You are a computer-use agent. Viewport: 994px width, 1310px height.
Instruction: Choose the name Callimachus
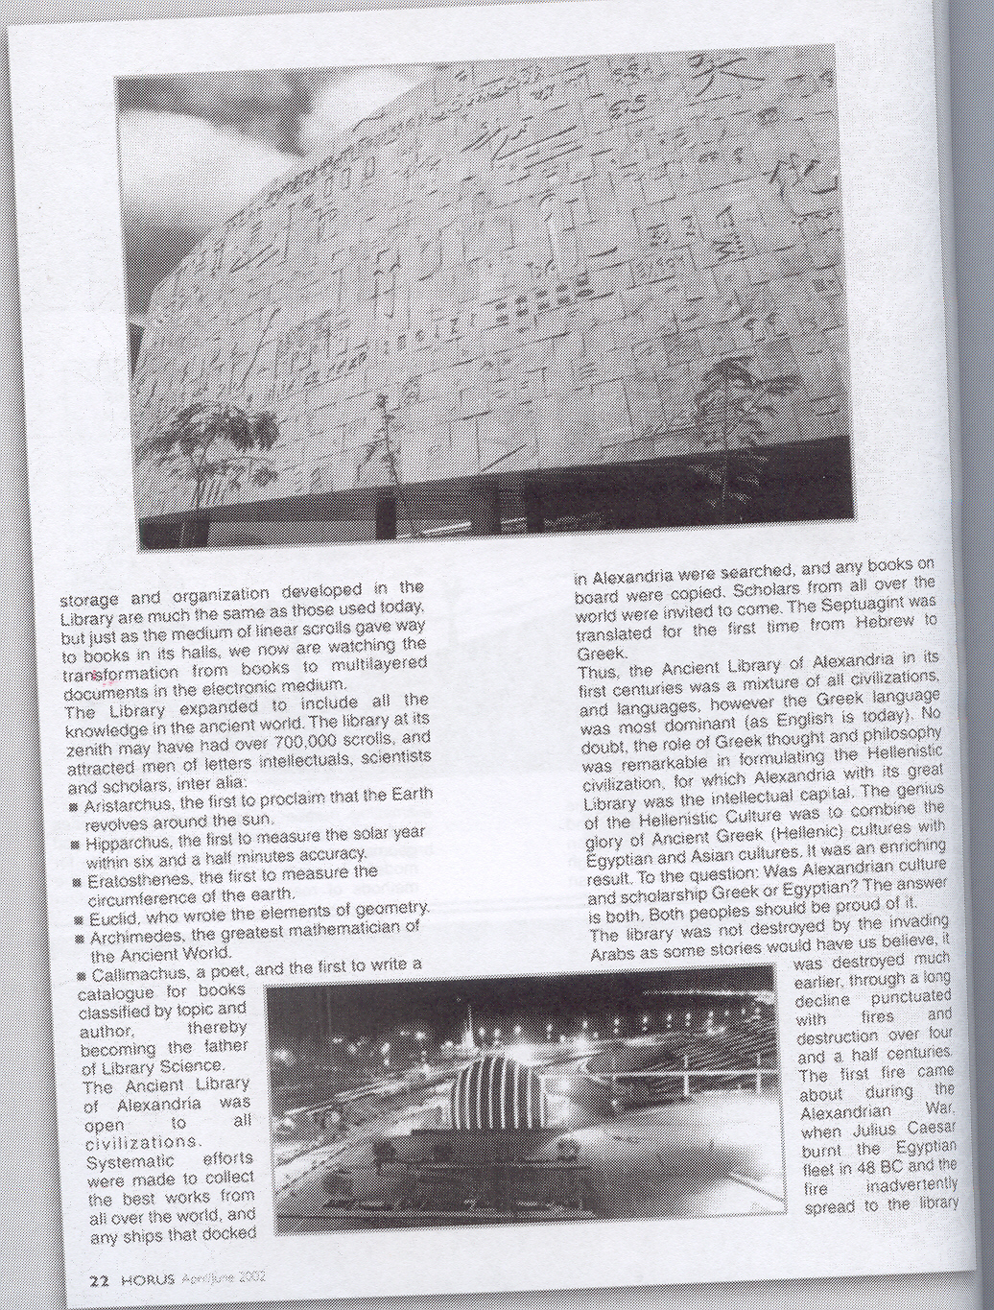coord(130,973)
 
